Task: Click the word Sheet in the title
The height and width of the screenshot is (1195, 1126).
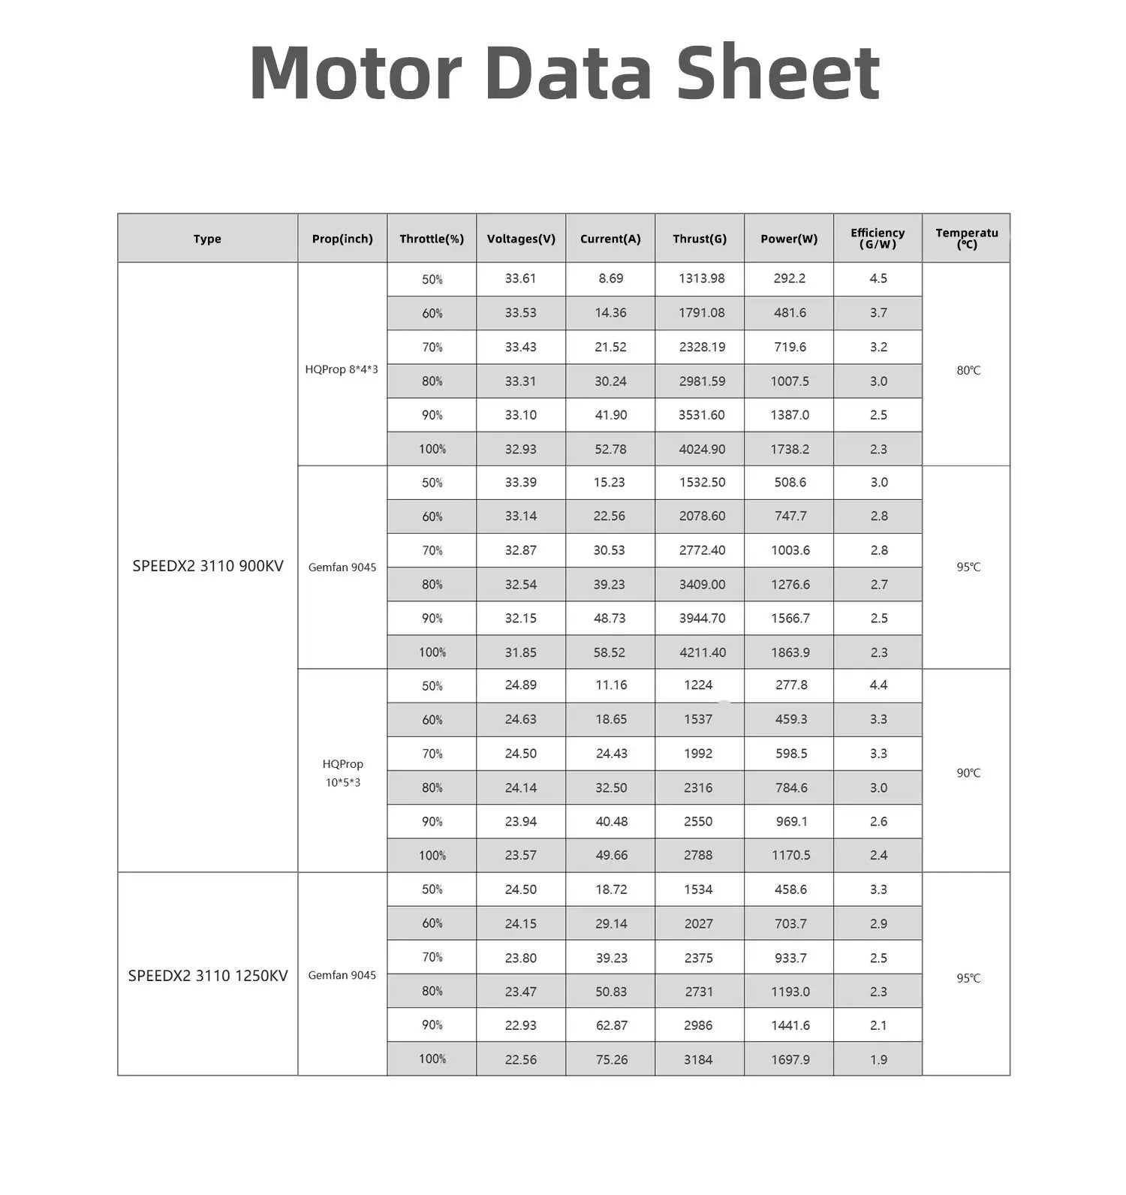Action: pos(778,73)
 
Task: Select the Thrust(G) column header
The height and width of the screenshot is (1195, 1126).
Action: pos(700,239)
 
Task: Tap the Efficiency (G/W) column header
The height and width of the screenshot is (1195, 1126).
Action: pos(878,238)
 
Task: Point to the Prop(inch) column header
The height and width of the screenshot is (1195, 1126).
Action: pos(342,239)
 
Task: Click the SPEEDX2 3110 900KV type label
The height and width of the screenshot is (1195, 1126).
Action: pos(208,566)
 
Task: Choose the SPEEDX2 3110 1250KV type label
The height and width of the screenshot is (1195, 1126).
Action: pos(208,975)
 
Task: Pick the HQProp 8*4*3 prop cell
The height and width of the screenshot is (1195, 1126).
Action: pos(342,369)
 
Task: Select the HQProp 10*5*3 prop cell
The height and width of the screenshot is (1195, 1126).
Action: pos(342,773)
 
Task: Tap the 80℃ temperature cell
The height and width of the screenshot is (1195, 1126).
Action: pos(968,370)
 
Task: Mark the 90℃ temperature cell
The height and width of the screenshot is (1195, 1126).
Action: pos(968,773)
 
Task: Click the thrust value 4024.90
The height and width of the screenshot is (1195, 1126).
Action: pos(702,449)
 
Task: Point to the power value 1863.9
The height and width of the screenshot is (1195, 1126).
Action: pos(790,652)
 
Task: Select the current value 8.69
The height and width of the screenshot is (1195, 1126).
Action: pos(610,278)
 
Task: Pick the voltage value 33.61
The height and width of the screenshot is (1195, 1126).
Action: pos(520,278)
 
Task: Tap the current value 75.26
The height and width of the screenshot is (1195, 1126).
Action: pos(611,1059)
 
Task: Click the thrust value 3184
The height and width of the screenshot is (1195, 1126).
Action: pos(698,1059)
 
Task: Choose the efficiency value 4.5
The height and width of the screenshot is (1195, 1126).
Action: pos(878,278)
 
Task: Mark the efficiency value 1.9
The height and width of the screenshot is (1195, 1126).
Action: pos(878,1059)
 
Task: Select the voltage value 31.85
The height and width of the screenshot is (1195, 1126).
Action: pos(520,652)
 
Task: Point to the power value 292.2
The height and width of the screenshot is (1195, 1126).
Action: pos(790,278)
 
